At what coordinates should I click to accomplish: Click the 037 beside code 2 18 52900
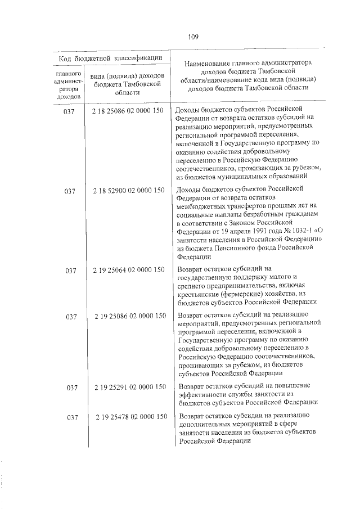(x=70, y=191)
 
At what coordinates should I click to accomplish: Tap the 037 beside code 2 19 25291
(x=71, y=388)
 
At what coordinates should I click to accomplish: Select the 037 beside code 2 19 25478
(x=71, y=417)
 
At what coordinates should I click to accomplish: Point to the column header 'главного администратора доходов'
(x=70, y=85)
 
